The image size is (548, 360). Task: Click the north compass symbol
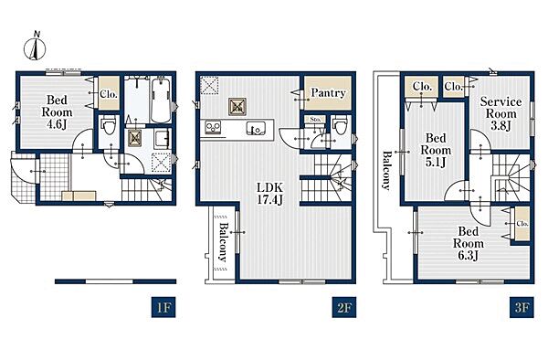[35, 47]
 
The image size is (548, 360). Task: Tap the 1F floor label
[163, 307]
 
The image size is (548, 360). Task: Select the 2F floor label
[344, 307]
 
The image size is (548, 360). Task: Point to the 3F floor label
[522, 307]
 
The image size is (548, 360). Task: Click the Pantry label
[328, 93]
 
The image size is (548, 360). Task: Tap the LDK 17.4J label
[269, 194]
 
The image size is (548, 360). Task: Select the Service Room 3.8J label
[501, 113]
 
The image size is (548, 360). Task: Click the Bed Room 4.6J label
[57, 112]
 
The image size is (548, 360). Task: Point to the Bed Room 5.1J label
[436, 150]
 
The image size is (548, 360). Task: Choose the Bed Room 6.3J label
[469, 244]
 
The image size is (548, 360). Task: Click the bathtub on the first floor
[161, 100]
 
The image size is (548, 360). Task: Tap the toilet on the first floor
[108, 126]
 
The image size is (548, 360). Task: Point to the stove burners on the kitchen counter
[213, 127]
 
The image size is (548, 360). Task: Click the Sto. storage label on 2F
[315, 119]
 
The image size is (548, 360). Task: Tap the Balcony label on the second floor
[223, 242]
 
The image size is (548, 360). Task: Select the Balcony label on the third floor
[386, 171]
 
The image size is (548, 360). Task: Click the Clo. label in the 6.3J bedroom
[522, 224]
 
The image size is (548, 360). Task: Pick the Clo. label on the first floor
[109, 94]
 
